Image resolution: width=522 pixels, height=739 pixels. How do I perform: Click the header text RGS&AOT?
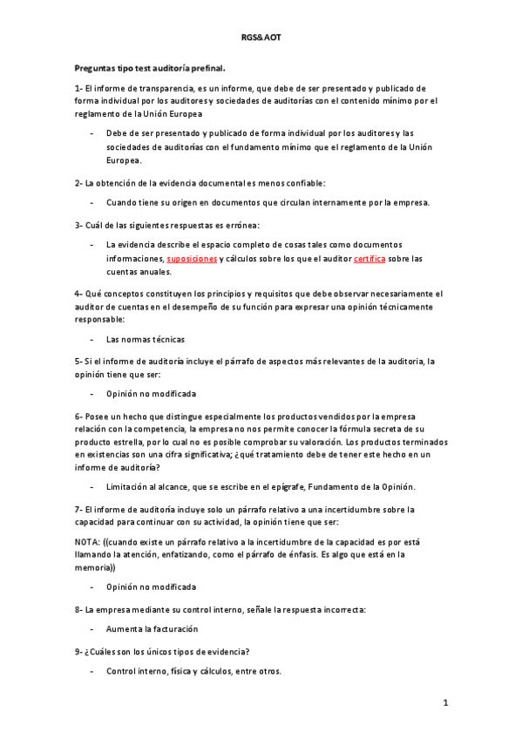[261, 39]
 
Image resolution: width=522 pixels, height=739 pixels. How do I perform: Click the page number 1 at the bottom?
[445, 702]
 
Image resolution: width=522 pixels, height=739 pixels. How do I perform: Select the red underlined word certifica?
[369, 259]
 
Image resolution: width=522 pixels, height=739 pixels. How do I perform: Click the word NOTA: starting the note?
[87, 540]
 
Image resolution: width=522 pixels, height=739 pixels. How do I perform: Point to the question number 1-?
[78, 88]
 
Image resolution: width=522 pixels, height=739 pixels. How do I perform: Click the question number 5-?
[78, 360]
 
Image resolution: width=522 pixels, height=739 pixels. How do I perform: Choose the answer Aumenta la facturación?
[153, 628]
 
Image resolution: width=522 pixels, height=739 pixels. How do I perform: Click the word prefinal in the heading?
[204, 66]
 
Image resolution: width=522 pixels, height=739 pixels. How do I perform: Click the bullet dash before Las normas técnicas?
[92, 338]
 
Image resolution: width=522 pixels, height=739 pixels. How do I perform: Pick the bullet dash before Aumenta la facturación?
[92, 628]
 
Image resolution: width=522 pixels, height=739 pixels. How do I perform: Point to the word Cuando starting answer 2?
[123, 202]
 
